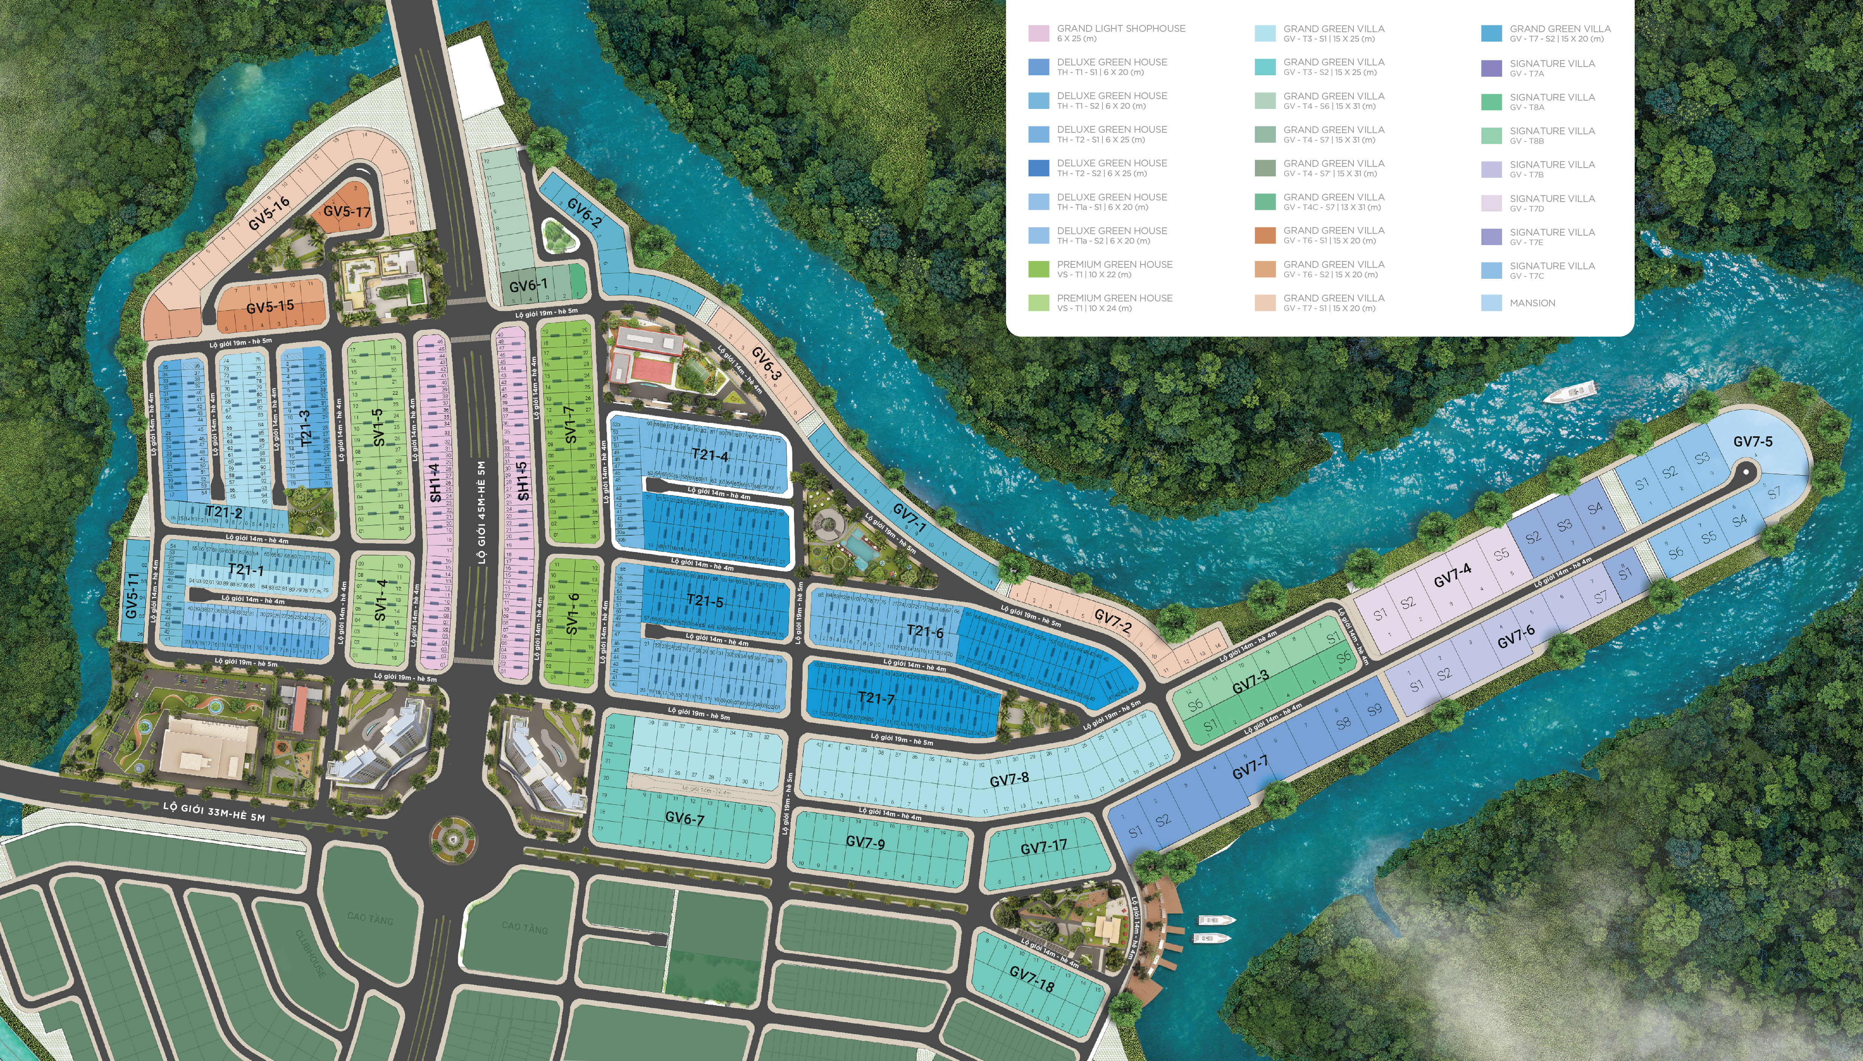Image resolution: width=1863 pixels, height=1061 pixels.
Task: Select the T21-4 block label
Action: [709, 455]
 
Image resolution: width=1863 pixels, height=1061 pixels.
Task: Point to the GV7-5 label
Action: [1752, 441]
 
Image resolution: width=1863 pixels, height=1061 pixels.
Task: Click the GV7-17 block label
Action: [1043, 847]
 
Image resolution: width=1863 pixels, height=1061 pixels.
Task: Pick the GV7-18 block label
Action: [1031, 979]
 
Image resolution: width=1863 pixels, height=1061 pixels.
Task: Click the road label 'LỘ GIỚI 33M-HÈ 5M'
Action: [214, 811]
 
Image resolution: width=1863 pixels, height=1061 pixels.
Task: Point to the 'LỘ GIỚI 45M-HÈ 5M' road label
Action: [481, 511]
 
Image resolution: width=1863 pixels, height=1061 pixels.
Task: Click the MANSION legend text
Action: [1532, 303]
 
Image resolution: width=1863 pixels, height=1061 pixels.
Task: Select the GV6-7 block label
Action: [684, 818]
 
